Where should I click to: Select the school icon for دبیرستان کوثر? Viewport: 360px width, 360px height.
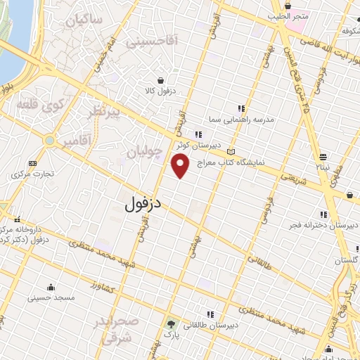[200, 134]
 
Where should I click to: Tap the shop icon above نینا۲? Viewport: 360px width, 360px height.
[323, 156]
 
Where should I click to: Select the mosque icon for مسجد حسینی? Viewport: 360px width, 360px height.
[51, 287]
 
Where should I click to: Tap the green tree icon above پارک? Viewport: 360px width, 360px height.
[170, 325]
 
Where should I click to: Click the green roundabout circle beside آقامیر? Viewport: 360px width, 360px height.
[49, 141]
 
